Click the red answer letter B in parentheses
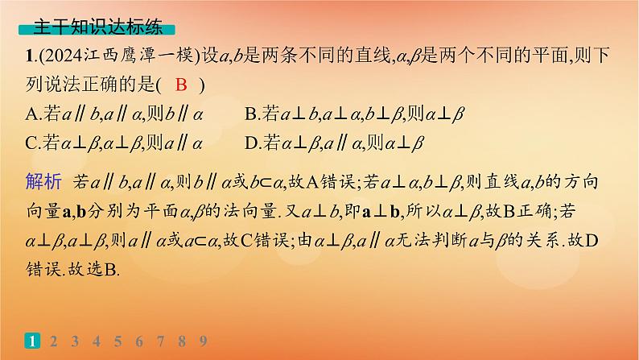[x=181, y=85]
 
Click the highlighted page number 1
[x=32, y=341]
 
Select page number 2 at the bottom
[x=54, y=341]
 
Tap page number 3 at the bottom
[x=76, y=341]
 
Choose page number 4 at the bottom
[x=97, y=341]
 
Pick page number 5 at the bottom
[x=118, y=341]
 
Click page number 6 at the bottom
[x=140, y=341]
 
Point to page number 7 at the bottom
[x=161, y=341]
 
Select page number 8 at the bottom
[x=183, y=341]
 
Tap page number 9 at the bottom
[x=204, y=341]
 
